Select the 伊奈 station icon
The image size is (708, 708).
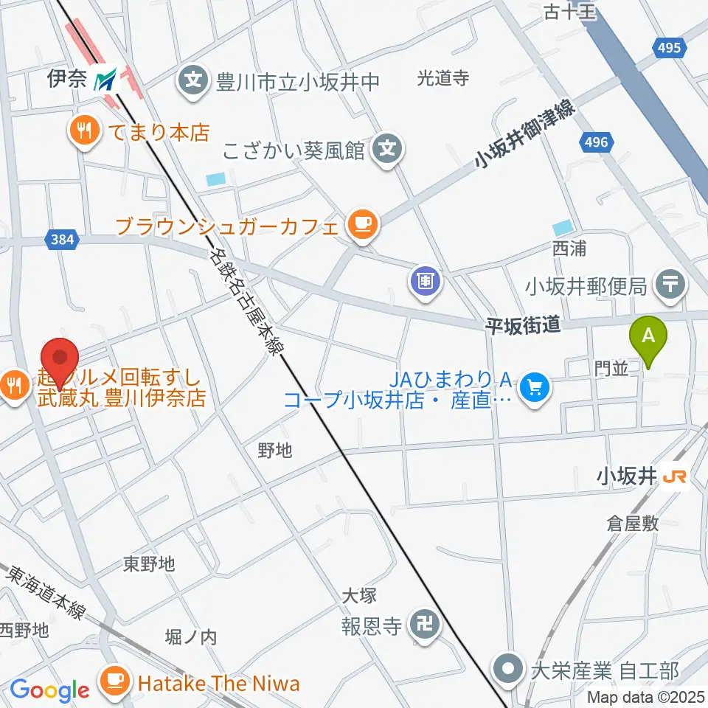109,80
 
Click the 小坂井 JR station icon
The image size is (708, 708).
675,477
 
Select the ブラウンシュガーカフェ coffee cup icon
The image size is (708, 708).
361,224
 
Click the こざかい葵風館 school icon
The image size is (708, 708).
386,150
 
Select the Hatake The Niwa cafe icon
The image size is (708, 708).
116,683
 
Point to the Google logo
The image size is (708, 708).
49,690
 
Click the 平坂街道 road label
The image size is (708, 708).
523,325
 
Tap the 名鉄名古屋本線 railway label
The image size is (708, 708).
246,302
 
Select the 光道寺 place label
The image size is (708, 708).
443,79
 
